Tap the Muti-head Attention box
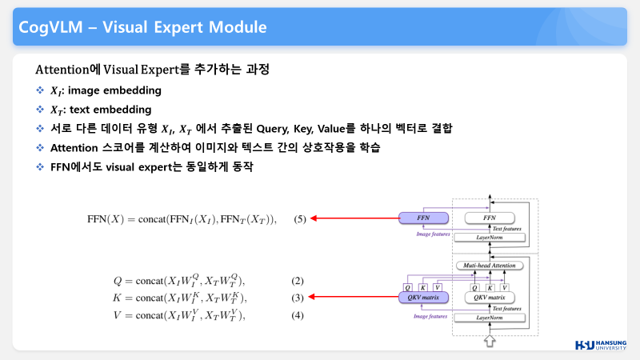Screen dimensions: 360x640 pos(488,265)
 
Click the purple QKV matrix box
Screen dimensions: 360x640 pos(420,298)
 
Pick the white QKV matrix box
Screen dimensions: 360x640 pos(488,298)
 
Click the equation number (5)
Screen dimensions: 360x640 pos(300,218)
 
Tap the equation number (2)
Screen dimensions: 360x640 pos(298,281)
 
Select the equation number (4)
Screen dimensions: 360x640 pos(298,315)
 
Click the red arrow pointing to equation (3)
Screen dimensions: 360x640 pos(352,298)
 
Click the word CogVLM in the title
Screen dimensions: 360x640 pos(50,27)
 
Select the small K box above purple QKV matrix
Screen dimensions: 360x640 pos(422,286)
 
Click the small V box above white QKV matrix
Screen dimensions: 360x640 pos(505,286)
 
